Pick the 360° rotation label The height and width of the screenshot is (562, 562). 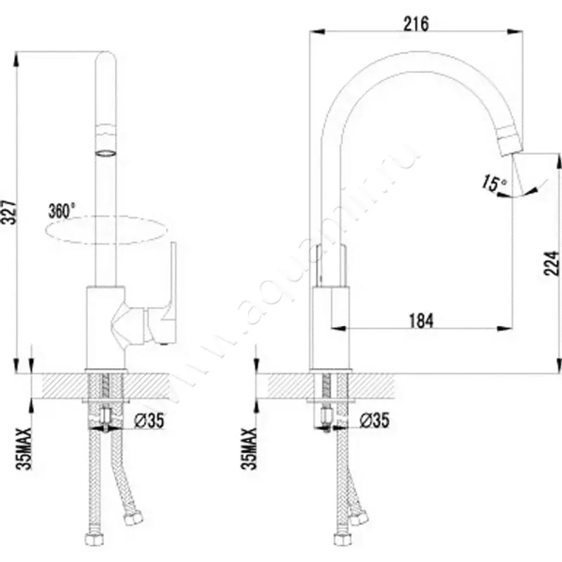(62, 210)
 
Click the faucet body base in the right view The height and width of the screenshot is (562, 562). (330, 330)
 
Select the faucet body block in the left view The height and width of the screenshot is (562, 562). (105, 327)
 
